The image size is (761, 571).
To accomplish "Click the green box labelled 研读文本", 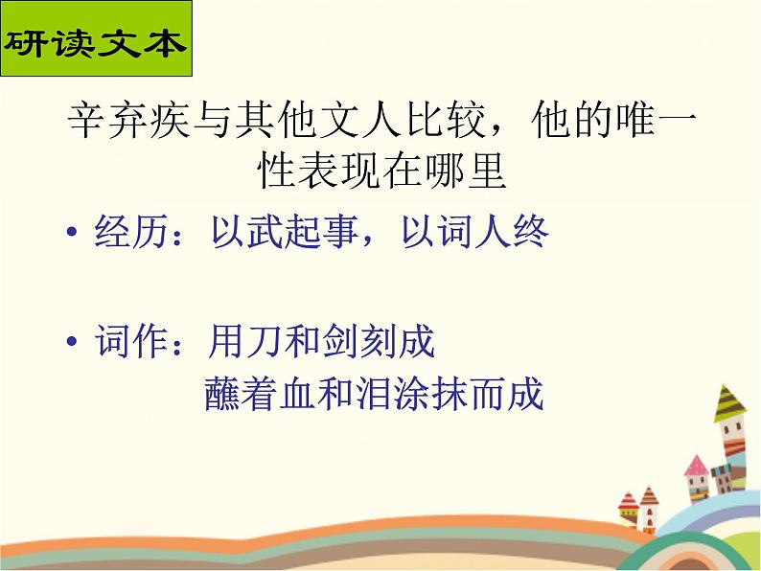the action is pos(96,38).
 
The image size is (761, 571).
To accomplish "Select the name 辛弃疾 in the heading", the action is pos(128,121).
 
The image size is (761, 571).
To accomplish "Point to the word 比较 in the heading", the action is pos(446,121).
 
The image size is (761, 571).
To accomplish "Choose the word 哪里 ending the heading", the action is pos(466,171).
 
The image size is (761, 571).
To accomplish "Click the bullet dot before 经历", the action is pos(72,231).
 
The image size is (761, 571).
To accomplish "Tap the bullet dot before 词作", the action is pos(72,341).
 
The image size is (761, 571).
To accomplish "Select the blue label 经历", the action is pos(131,231).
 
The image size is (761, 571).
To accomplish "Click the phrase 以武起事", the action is pos(285,231).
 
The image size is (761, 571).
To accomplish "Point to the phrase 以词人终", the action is pos(475,231).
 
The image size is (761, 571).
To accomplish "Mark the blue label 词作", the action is pos(131,341).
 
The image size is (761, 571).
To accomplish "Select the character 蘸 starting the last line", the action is pos(222,393).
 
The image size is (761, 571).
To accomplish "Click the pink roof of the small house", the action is pos(696,466).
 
